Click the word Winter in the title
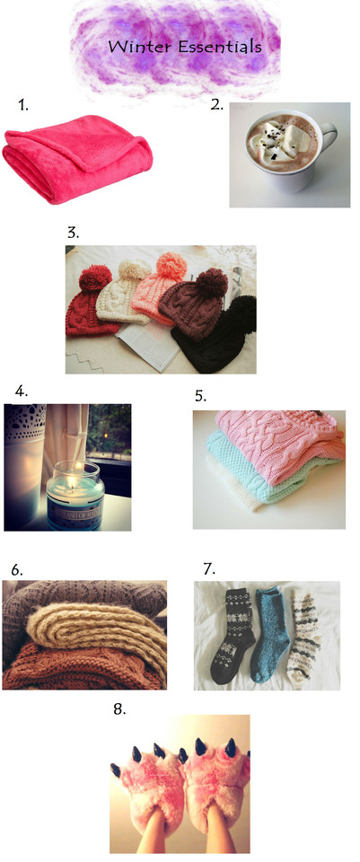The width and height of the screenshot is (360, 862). [x=140, y=46]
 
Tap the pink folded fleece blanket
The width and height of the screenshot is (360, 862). [x=77, y=158]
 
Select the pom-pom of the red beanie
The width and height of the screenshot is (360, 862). [x=95, y=278]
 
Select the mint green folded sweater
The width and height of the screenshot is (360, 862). [x=259, y=467]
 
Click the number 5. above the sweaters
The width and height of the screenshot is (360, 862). [x=200, y=395]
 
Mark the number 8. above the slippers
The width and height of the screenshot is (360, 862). [x=119, y=708]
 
